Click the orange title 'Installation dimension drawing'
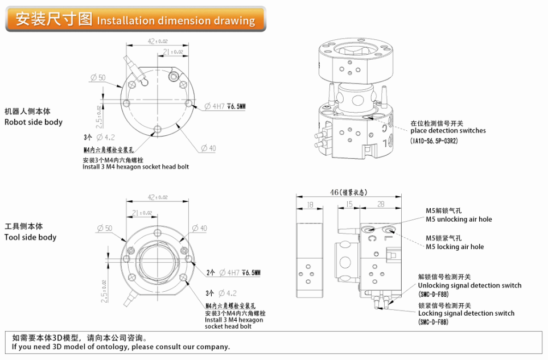pyautogui.click(x=176, y=21)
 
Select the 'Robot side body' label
pyautogui.click(x=34, y=122)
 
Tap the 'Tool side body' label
pyautogui.click(x=31, y=237)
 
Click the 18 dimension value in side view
pyautogui.click(x=310, y=204)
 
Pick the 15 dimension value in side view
pyautogui.click(x=349, y=204)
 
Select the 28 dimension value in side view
pyautogui.click(x=380, y=204)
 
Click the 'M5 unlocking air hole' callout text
pyautogui.click(x=459, y=220)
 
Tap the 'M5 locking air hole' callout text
pyautogui.click(x=455, y=247)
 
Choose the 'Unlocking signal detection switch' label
pyautogui.click(x=469, y=285)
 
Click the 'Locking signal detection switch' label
pyautogui.click(x=466, y=313)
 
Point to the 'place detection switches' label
pyautogui.click(x=448, y=131)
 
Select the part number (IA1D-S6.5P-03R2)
pyautogui.click(x=434, y=140)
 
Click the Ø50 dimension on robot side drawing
pyautogui.click(x=98, y=77)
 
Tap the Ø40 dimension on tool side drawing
pyautogui.click(x=200, y=228)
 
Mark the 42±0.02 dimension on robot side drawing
pyautogui.click(x=157, y=41)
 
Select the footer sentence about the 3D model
pyautogui.click(x=121, y=346)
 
